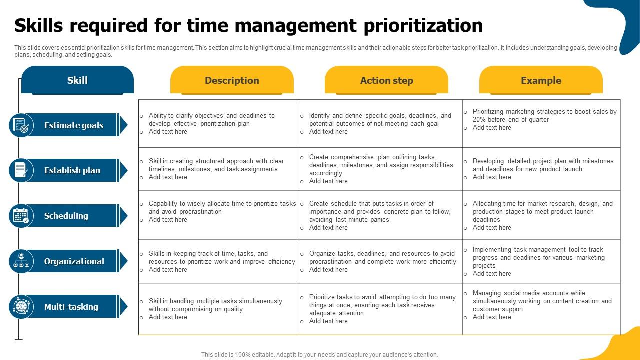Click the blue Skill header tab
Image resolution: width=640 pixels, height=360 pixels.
click(x=77, y=80)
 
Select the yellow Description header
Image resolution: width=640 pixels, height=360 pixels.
click(x=232, y=80)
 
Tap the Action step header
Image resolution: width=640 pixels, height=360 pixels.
click(x=386, y=80)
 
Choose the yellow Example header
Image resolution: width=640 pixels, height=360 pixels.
click(x=541, y=80)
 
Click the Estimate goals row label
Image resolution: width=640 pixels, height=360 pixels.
click(x=74, y=125)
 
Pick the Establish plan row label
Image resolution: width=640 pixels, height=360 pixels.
click(x=72, y=170)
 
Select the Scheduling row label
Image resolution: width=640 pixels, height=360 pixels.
click(x=66, y=216)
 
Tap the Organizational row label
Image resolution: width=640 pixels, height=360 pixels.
click(x=74, y=261)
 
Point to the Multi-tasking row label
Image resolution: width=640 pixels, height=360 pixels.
click(x=71, y=307)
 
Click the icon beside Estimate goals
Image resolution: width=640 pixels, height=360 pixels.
click(x=21, y=125)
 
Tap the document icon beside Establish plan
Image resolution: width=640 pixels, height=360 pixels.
click(x=21, y=170)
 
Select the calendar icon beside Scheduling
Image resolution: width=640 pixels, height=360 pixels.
click(x=21, y=216)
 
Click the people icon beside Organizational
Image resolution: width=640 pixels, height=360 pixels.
click(x=21, y=261)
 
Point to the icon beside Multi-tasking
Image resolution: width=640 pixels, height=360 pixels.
click(x=21, y=307)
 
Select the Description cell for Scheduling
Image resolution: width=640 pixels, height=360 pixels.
click(x=220, y=211)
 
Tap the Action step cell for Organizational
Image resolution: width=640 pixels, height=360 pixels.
click(x=381, y=261)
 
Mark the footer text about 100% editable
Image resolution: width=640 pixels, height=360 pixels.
click(x=320, y=355)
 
